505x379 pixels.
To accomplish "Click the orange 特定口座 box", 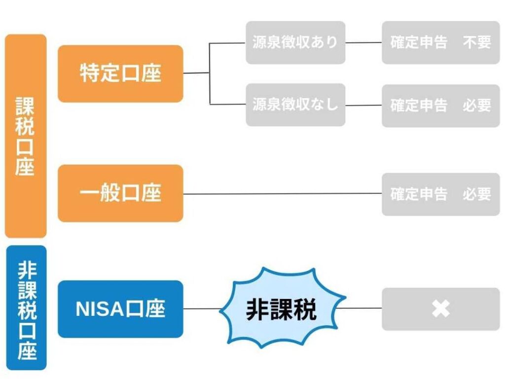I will click(120, 74).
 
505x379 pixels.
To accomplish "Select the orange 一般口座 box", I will click(120, 193).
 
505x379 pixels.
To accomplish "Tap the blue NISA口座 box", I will click(120, 309).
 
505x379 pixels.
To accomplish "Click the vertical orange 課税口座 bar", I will click(25, 136).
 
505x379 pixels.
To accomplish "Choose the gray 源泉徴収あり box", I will click(295, 42).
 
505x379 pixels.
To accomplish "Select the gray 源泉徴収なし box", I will click(295, 105).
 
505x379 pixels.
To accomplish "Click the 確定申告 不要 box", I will click(440, 42).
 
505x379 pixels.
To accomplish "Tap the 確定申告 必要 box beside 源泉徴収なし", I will click(440, 105).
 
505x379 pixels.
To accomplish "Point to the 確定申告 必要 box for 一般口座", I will click(440, 194).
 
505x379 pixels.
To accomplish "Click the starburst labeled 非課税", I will click(282, 309).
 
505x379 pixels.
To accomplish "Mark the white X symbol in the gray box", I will click(440, 309).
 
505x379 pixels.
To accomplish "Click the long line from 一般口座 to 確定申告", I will click(281, 193).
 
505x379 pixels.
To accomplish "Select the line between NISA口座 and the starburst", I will click(202, 309).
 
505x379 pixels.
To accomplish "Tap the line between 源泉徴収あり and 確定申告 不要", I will click(363, 42).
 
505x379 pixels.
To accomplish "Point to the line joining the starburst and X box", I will click(362, 308).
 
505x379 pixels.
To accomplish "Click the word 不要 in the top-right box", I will click(477, 42).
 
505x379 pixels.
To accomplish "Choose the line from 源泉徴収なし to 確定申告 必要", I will click(363, 105).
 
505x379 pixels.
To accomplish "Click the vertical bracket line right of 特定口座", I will click(210, 74).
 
